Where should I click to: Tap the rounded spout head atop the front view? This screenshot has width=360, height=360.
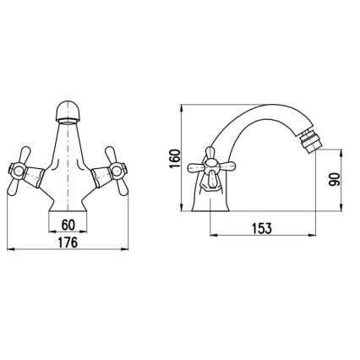coord(69,112)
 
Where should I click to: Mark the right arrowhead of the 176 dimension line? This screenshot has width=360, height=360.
coord(129,251)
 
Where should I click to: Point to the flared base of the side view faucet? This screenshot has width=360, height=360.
coord(213,199)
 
